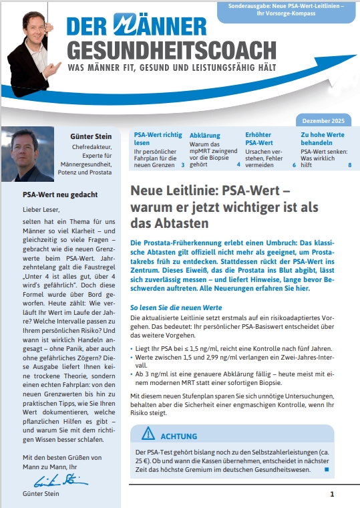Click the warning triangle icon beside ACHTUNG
(148, 435)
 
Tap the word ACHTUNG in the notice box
(179, 436)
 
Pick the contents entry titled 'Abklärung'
(204, 135)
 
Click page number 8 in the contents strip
(349, 164)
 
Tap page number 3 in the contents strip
(183, 164)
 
